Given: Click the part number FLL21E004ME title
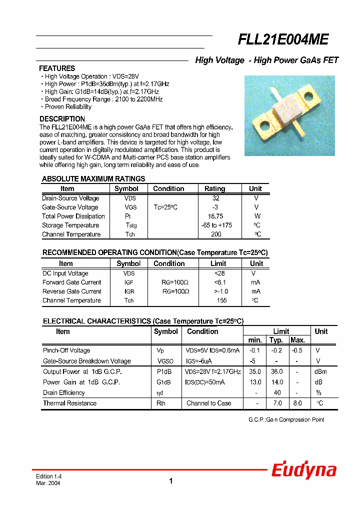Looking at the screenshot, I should click(x=283, y=39).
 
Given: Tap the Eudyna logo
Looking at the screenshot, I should click(x=303, y=470).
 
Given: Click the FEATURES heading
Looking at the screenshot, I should click(x=57, y=68).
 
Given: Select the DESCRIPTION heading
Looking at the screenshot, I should click(x=62, y=119).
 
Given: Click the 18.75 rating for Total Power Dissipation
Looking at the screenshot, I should click(x=215, y=216).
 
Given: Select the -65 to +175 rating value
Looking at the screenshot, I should click(x=216, y=225).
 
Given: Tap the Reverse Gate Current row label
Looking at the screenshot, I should click(x=71, y=291).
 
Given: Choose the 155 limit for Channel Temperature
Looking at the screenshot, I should click(x=221, y=300).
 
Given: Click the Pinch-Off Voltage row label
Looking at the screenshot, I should click(x=66, y=350).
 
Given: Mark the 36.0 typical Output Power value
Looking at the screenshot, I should click(x=276, y=371).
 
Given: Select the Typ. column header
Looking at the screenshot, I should click(x=276, y=340).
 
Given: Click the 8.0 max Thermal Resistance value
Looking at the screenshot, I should click(x=297, y=403).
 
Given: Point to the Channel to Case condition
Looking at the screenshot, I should click(x=208, y=403).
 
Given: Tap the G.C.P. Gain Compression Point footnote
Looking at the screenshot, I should click(x=286, y=419).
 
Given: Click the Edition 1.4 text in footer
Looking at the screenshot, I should click(x=48, y=476).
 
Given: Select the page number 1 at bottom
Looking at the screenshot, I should click(x=170, y=481).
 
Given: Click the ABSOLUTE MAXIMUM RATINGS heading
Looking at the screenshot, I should click(x=93, y=179).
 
